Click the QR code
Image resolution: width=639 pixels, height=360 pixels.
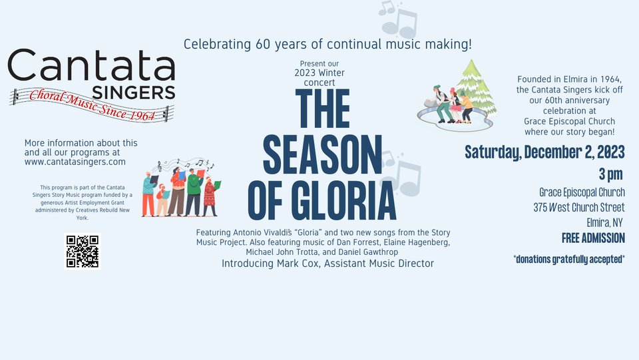pyautogui.click(x=82, y=251)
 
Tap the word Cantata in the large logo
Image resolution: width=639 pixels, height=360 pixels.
pyautogui.click(x=91, y=67)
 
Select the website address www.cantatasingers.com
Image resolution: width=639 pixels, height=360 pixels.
pyautogui.click(x=75, y=162)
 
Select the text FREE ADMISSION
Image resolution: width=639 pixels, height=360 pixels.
pyautogui.click(x=593, y=238)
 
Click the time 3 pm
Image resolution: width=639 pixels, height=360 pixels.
pyautogui.click(x=611, y=174)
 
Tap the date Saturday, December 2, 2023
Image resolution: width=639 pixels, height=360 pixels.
pyautogui.click(x=544, y=152)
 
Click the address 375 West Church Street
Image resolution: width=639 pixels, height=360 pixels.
pyautogui.click(x=578, y=207)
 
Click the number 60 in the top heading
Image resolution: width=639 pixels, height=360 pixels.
pyautogui.click(x=263, y=45)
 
